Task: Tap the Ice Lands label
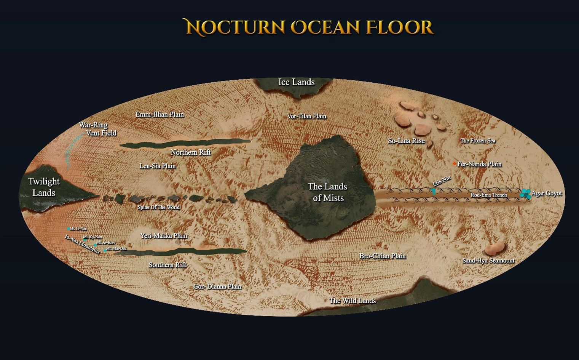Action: [x=296, y=82]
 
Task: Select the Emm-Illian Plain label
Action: [x=160, y=114]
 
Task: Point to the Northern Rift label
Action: [x=190, y=152]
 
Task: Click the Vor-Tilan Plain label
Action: [x=306, y=116]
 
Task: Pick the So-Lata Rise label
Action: [x=406, y=141]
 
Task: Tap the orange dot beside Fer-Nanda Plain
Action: [x=455, y=164]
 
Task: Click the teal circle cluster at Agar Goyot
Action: [x=526, y=194]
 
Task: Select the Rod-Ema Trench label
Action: [x=488, y=195]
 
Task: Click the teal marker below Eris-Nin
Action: [x=434, y=191]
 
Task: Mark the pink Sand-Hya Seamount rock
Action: [x=494, y=249]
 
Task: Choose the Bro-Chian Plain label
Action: [x=382, y=256]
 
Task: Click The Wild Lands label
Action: [x=353, y=301]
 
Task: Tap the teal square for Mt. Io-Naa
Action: [x=69, y=229]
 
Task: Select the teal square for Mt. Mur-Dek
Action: [x=105, y=250]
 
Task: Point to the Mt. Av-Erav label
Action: [x=106, y=243]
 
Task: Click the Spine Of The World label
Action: [x=158, y=207]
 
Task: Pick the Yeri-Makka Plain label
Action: [x=164, y=236]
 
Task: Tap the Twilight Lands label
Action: [x=44, y=187]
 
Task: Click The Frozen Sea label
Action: [x=478, y=141]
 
